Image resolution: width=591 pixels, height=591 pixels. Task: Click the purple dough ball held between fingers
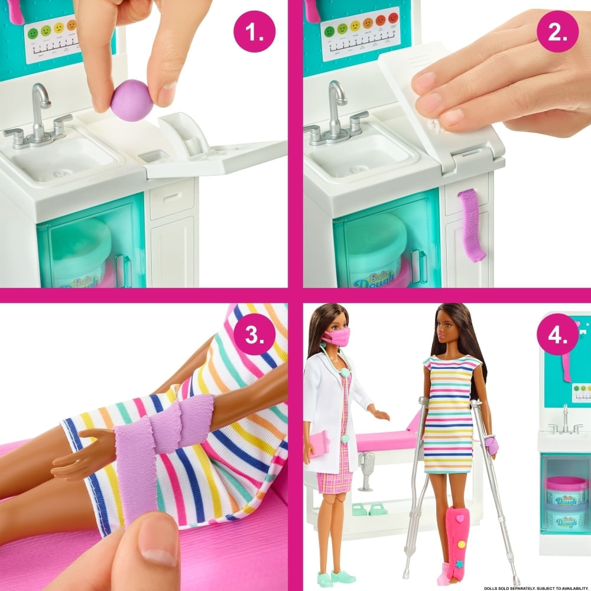tap(133, 101)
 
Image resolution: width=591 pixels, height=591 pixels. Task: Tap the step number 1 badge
tap(255, 33)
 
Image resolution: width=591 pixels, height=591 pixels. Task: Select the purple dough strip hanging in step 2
tap(471, 225)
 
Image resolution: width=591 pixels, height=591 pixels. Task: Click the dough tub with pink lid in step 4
tap(566, 491)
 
